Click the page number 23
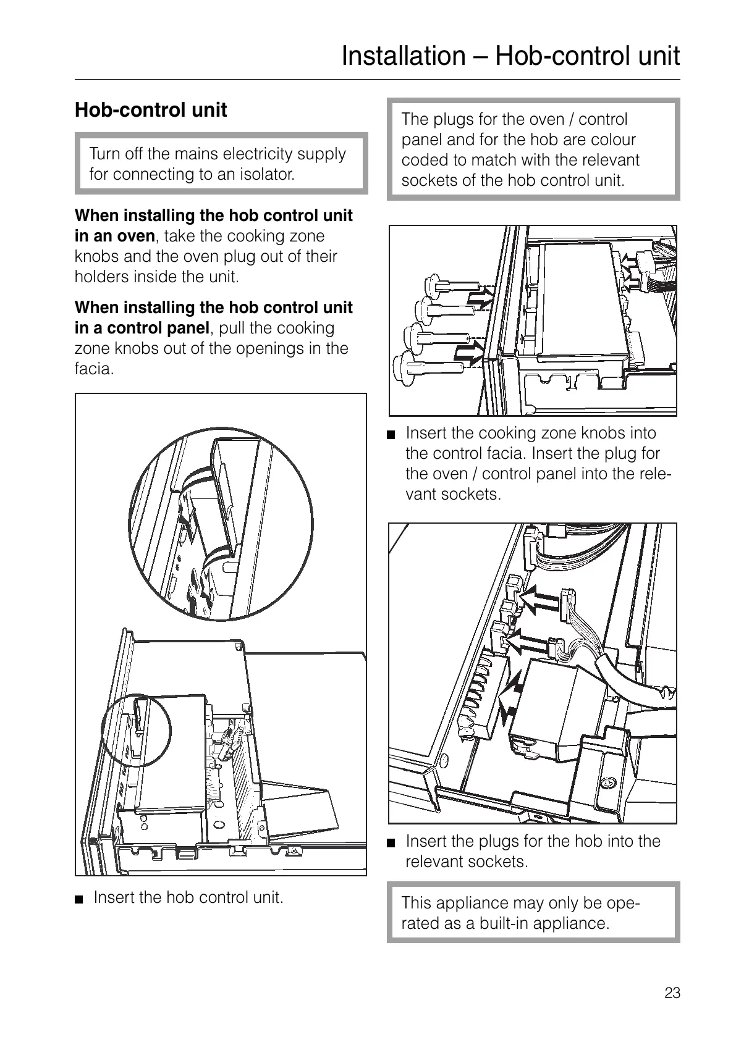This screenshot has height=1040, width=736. point(672,992)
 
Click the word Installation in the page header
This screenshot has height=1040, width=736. point(401,56)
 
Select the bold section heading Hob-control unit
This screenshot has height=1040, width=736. point(151,110)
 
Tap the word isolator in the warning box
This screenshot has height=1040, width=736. point(269,174)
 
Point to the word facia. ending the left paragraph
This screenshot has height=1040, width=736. point(95,369)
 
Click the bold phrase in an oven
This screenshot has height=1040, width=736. point(114,236)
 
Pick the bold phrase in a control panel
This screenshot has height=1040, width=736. point(142,328)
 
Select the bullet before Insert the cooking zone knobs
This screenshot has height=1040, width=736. point(391,435)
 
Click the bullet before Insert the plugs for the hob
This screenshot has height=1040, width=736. point(391,843)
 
